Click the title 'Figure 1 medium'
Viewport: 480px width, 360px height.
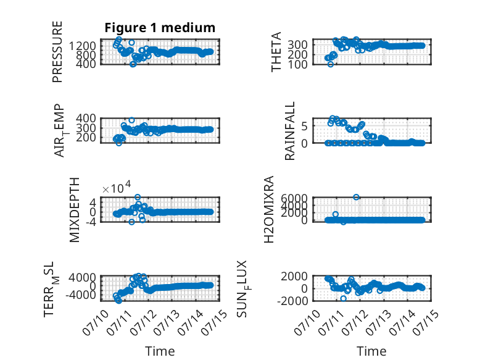[x=160, y=28]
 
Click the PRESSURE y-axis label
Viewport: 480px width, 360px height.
[x=57, y=52]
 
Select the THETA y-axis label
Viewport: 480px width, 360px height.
[x=276, y=52]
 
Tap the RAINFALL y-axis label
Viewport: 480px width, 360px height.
[x=289, y=131]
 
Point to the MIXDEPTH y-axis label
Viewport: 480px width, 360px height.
[x=75, y=210]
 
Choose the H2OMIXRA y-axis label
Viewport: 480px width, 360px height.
[x=269, y=209]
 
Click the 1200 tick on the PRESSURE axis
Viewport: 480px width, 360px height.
[x=82, y=46]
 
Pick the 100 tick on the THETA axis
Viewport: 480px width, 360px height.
[x=297, y=65]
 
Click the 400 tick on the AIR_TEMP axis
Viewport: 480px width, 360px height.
[x=86, y=119]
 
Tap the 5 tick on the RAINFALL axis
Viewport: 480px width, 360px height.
[x=304, y=126]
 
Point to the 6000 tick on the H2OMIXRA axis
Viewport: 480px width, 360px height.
[x=294, y=198]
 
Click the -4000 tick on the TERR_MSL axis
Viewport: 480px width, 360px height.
[x=80, y=295]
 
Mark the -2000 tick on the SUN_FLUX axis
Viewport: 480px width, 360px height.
[x=292, y=301]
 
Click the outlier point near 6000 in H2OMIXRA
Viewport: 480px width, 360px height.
[x=356, y=197]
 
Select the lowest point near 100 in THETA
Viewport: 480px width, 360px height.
[x=330, y=64]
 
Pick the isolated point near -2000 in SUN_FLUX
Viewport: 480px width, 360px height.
[x=343, y=298]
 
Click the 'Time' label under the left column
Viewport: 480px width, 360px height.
[x=160, y=351]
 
